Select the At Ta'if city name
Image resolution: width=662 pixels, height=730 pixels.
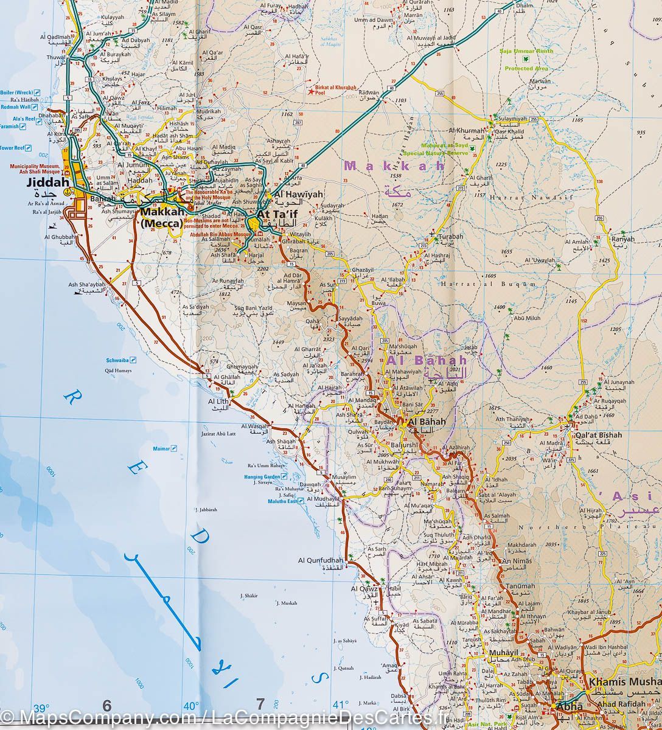279,215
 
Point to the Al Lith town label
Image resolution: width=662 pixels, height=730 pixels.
218,402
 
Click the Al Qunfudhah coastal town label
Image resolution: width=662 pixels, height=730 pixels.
321,560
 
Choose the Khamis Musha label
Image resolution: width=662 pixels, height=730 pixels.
624,682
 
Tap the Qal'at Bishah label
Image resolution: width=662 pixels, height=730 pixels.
599,435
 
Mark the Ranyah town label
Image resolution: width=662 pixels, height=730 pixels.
623,239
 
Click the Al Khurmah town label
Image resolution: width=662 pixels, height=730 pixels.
467,131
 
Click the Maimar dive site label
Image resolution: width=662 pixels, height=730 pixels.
161,448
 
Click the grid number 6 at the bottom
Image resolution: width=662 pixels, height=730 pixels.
107,705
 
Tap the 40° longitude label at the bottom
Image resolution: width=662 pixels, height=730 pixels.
191,706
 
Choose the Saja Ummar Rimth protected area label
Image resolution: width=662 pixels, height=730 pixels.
527,52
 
